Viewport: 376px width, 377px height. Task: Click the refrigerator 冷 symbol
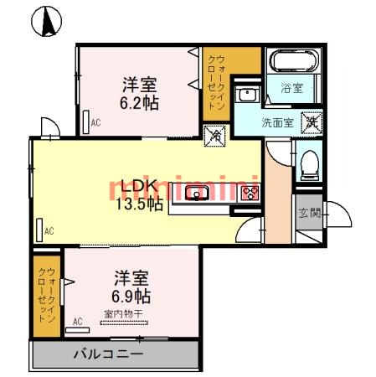[214, 134]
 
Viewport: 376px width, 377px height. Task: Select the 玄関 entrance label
[308, 213]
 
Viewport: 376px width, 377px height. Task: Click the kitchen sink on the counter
[198, 194]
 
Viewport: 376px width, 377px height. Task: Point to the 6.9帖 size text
[131, 296]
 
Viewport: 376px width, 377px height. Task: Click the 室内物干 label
[124, 314]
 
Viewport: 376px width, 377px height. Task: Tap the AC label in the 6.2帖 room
[96, 123]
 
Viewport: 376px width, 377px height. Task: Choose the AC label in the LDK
[49, 230]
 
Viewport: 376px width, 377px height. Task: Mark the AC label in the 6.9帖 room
[78, 321]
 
